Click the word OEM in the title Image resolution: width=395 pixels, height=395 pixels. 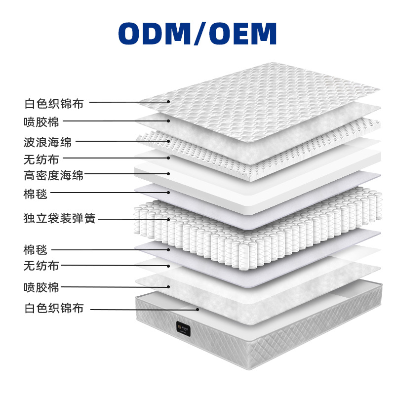(242, 34)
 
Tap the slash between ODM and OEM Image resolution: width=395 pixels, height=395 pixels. (197, 34)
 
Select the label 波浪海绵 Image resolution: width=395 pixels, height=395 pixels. (48, 142)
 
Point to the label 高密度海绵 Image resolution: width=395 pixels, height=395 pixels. (54, 175)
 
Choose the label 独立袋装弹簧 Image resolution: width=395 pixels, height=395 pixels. (60, 218)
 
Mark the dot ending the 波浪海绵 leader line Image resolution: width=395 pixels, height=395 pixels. (168, 141)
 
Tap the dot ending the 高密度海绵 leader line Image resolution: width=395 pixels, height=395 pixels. (168, 174)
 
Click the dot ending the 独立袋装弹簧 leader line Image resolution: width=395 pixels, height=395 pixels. (168, 219)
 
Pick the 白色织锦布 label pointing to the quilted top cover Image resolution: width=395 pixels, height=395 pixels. (54, 104)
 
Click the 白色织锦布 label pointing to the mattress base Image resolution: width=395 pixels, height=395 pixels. (54, 309)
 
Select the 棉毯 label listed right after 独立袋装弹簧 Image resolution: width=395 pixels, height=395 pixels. (36, 249)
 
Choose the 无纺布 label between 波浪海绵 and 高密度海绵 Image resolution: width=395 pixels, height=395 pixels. (41, 159)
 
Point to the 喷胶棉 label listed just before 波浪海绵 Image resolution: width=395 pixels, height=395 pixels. (41, 121)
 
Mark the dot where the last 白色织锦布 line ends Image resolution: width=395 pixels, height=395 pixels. (198, 309)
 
